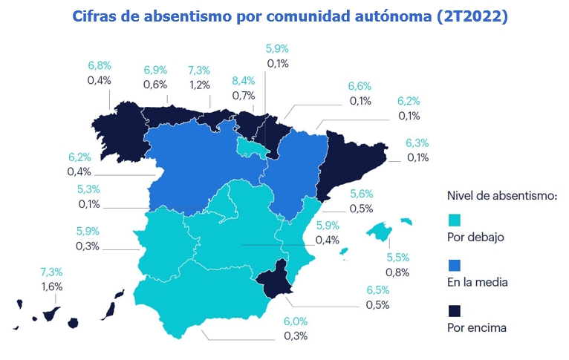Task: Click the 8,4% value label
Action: (243, 81)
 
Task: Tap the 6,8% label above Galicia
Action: (100, 66)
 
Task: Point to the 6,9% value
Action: (155, 70)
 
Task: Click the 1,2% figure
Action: (199, 84)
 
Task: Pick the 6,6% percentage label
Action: (359, 86)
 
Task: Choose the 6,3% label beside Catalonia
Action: (417, 143)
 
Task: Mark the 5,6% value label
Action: (361, 194)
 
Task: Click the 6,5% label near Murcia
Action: (378, 289)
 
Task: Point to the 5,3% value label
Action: (89, 189)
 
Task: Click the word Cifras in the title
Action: (94, 17)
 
